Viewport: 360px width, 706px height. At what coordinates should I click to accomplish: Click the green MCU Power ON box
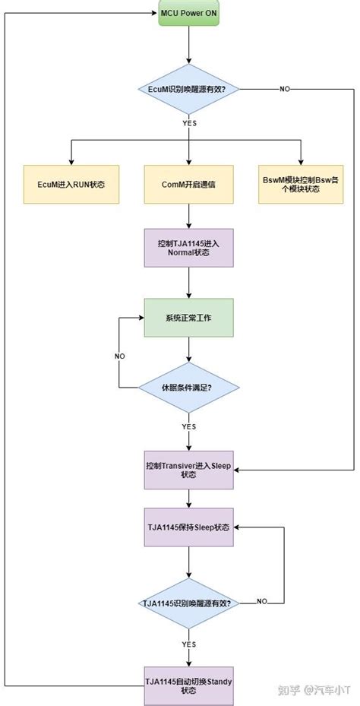point(188,14)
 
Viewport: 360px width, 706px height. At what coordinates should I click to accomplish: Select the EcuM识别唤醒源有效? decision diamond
point(188,89)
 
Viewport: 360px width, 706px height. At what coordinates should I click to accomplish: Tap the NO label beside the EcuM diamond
point(285,89)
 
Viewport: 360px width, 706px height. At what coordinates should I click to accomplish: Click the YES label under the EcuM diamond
point(188,122)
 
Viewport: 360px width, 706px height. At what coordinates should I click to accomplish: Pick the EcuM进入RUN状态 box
point(71,183)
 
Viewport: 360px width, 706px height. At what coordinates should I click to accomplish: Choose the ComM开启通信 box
point(188,183)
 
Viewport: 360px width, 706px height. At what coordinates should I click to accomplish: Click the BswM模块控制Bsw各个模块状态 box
point(300,183)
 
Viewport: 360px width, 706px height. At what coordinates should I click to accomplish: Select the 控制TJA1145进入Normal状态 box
point(188,248)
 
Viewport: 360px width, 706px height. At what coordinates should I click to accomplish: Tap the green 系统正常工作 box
point(188,318)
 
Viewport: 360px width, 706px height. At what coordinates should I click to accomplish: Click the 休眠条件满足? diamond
point(188,387)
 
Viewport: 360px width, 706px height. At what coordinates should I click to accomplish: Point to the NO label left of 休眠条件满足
point(119,356)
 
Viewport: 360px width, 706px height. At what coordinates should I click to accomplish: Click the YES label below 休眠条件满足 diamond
point(188,426)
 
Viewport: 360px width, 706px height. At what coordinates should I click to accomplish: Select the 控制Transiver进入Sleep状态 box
point(188,469)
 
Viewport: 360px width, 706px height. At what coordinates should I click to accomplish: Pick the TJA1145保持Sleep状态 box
point(188,527)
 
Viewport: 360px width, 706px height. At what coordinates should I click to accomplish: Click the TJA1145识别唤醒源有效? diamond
point(188,603)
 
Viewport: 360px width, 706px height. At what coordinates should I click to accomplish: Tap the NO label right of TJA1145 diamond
point(261,602)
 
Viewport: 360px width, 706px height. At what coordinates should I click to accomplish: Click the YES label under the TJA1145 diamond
point(188,643)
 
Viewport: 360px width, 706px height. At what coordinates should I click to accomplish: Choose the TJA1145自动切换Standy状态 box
point(188,685)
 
